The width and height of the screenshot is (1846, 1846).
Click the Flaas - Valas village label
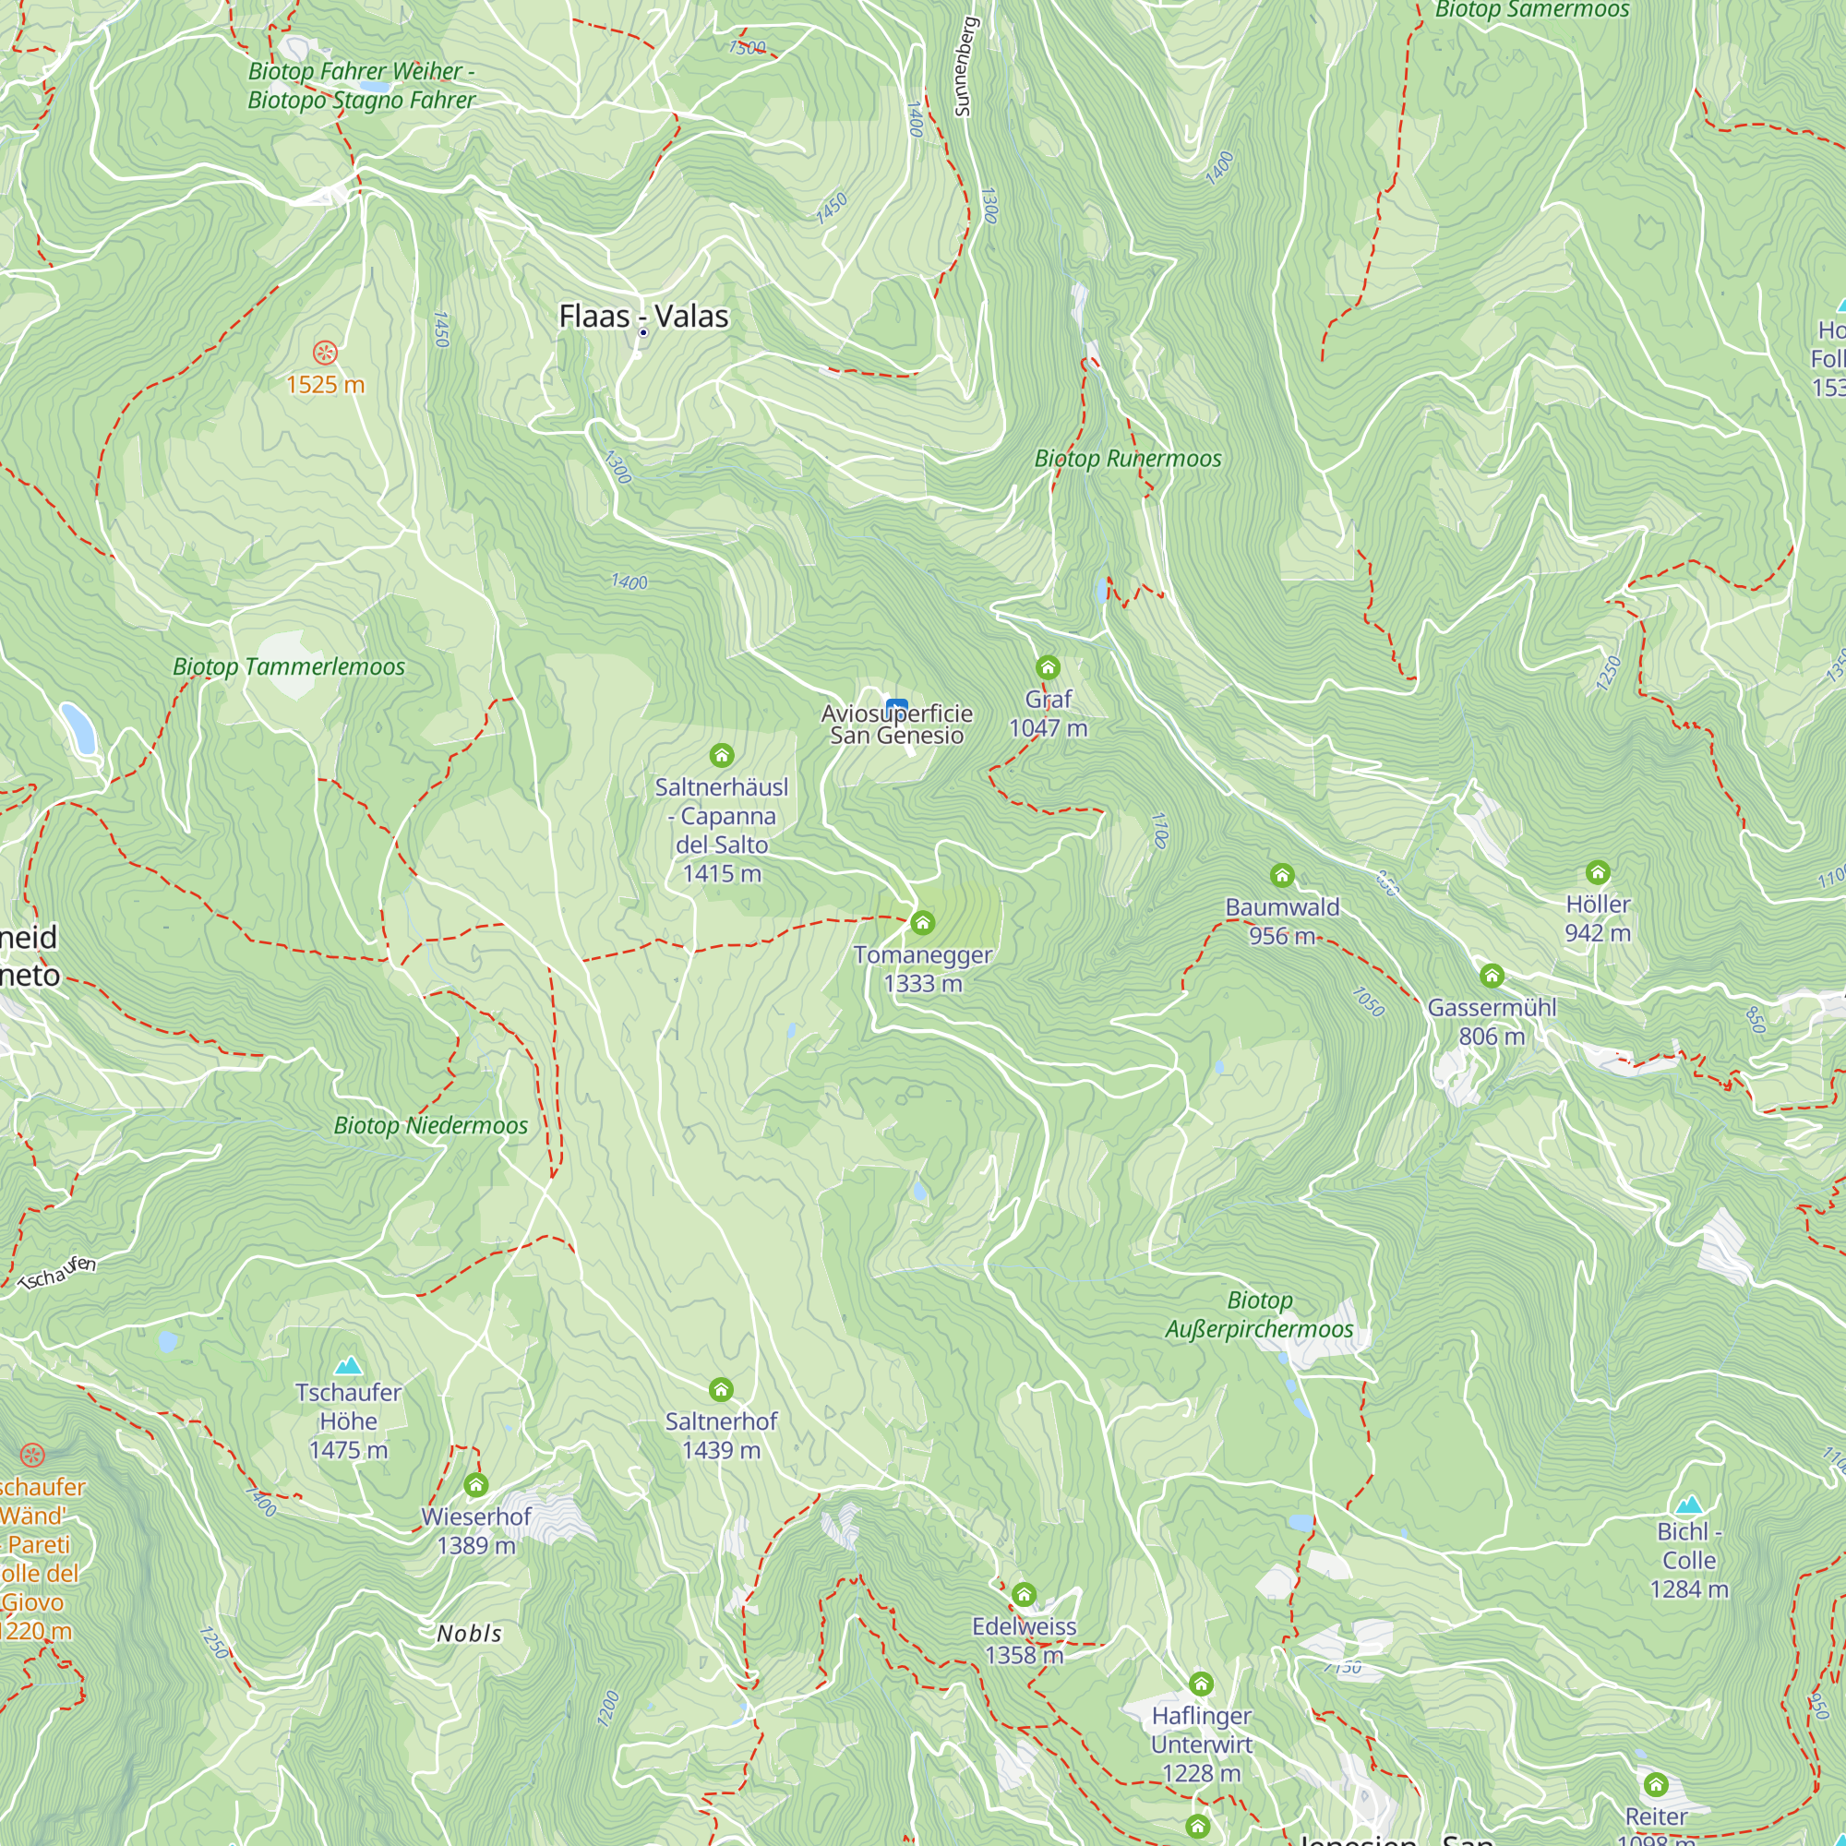(643, 317)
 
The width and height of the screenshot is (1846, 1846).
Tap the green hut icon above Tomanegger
(922, 923)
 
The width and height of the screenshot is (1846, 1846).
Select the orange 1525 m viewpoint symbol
(326, 353)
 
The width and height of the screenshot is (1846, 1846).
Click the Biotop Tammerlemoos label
(289, 667)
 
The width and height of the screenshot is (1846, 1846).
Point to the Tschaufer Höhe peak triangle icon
(349, 1365)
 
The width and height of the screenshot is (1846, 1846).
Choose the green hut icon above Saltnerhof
(722, 1389)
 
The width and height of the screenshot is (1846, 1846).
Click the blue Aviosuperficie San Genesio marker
(896, 709)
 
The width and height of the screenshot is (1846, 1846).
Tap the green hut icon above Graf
(1049, 667)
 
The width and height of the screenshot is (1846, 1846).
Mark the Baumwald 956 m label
(1282, 921)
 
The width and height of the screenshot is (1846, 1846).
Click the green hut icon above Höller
(1598, 872)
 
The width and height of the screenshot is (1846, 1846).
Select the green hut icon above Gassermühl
(1492, 977)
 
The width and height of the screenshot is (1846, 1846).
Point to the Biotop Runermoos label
(1128, 459)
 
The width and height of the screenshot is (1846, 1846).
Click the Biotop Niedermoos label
(430, 1125)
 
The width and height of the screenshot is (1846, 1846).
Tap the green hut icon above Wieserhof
(476, 1485)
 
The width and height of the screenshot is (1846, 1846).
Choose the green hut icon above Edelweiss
(1025, 1595)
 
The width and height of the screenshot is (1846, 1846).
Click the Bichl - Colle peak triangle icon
(1689, 1505)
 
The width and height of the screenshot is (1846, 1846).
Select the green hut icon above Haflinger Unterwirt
(1201, 1684)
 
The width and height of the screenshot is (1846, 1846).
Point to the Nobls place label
(469, 1634)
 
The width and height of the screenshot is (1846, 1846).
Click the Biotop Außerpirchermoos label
(1259, 1314)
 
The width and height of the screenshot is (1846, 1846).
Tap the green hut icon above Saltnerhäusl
(722, 756)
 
